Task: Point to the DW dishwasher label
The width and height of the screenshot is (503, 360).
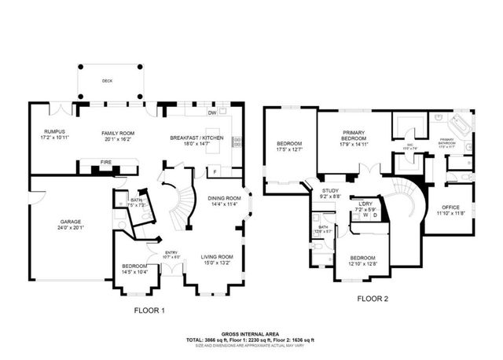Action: (x=212, y=113)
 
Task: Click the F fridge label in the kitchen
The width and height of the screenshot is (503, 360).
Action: (x=215, y=171)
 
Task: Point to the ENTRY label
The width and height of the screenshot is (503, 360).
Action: (x=171, y=254)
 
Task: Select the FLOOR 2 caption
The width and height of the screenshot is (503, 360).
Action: (x=373, y=299)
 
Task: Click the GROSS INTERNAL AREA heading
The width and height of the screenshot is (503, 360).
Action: (x=250, y=334)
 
